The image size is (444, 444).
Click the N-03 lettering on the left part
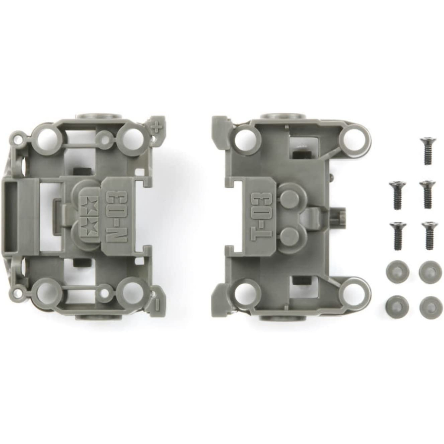pos(117,216)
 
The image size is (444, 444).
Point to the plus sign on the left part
pos(157,128)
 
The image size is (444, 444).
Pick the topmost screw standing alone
pos(428,150)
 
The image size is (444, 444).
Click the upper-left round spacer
pos(397,272)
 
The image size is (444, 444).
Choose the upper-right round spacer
pos(430,272)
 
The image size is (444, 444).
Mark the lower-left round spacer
pos(397,307)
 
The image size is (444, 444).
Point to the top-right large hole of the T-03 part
pos(354,138)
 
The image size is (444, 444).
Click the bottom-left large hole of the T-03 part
pos(245,294)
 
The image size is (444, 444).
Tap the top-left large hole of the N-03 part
pos(48,139)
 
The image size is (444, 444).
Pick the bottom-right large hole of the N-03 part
pos(131,293)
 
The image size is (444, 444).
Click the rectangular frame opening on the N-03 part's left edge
pos(10,216)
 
